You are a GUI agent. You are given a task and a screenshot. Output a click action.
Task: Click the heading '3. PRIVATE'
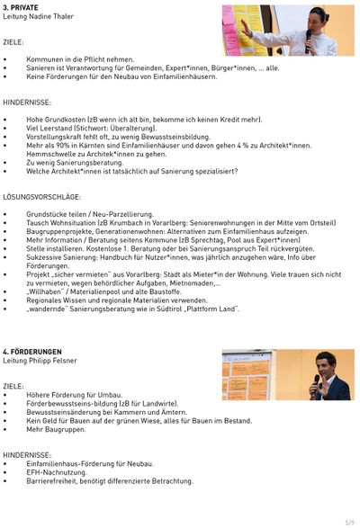(x=20, y=7)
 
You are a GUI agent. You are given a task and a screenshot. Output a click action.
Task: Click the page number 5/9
(x=349, y=521)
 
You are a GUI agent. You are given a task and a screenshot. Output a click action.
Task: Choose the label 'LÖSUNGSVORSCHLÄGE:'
(x=41, y=196)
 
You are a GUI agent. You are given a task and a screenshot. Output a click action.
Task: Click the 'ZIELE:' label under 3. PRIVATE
(x=13, y=41)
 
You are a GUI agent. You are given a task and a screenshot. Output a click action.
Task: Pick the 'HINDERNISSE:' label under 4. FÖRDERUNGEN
(x=26, y=455)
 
